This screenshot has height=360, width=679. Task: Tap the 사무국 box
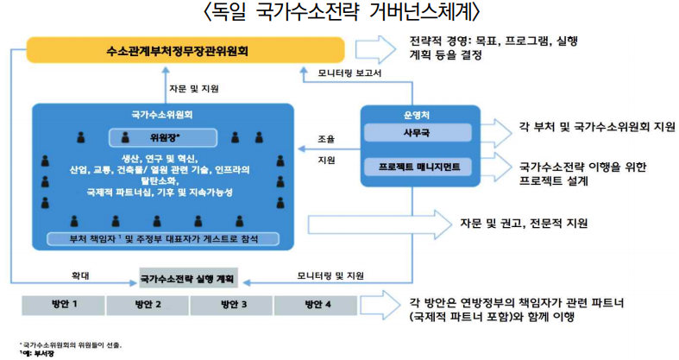(x=418, y=133)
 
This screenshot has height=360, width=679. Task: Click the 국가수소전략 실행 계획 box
(x=189, y=280)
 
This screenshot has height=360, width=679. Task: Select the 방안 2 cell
(x=147, y=306)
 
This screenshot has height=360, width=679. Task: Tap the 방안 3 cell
(x=232, y=306)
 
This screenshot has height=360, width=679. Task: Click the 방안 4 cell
(x=317, y=306)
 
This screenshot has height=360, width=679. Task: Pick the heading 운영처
(x=418, y=113)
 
